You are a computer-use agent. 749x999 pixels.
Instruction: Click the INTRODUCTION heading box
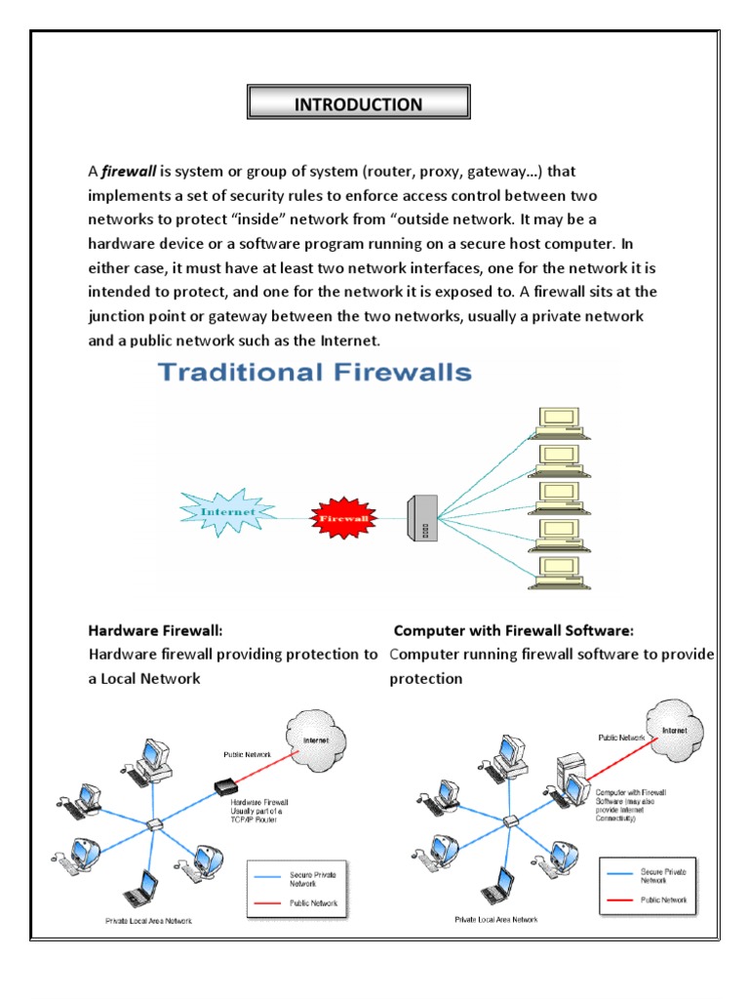(359, 104)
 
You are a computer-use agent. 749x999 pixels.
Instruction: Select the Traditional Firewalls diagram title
(316, 372)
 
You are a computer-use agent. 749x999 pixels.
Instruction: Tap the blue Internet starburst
(228, 511)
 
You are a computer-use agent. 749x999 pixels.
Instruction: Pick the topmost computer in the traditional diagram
(560, 420)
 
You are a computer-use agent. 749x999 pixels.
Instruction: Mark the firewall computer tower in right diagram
(570, 781)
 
